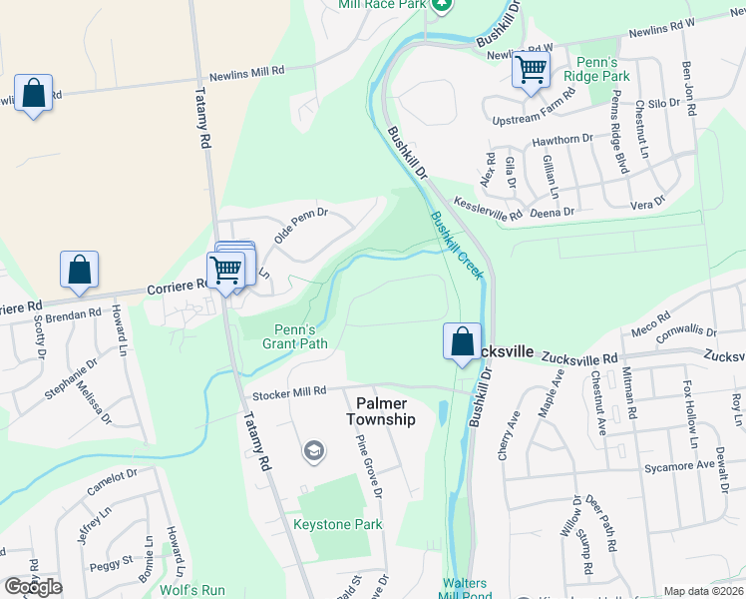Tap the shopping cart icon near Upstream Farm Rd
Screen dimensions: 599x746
click(532, 71)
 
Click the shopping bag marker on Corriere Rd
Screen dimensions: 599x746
click(79, 270)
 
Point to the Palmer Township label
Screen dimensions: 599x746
click(380, 411)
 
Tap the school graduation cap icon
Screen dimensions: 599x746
click(313, 452)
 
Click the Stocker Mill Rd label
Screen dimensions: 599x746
click(289, 392)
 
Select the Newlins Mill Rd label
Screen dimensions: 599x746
click(246, 72)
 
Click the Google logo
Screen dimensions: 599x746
click(32, 587)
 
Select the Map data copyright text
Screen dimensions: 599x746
click(702, 591)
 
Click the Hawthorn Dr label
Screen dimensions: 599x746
click(561, 140)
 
